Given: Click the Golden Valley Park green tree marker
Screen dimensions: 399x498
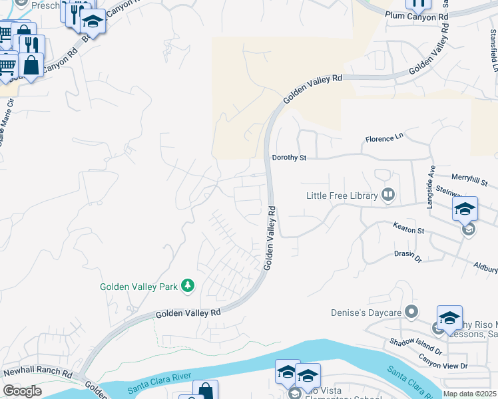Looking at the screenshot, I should click(x=188, y=286).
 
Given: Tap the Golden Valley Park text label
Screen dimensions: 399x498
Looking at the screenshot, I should click(x=138, y=287).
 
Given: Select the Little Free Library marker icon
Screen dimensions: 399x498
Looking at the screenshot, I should click(x=388, y=195).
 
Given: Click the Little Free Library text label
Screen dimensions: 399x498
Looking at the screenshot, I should click(x=341, y=196).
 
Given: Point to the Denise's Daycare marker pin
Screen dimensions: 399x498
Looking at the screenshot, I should click(x=412, y=312).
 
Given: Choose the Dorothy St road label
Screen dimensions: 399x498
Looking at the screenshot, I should click(x=289, y=158).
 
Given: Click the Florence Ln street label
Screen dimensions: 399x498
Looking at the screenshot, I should click(x=384, y=140).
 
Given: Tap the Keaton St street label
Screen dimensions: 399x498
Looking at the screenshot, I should click(x=408, y=229).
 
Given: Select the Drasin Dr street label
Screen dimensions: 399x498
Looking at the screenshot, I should click(x=407, y=254).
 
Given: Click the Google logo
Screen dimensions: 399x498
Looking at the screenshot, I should click(x=22, y=391).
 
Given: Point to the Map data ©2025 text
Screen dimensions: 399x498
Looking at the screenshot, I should click(x=470, y=394).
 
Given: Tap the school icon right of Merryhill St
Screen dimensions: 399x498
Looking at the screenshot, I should click(x=465, y=208).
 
